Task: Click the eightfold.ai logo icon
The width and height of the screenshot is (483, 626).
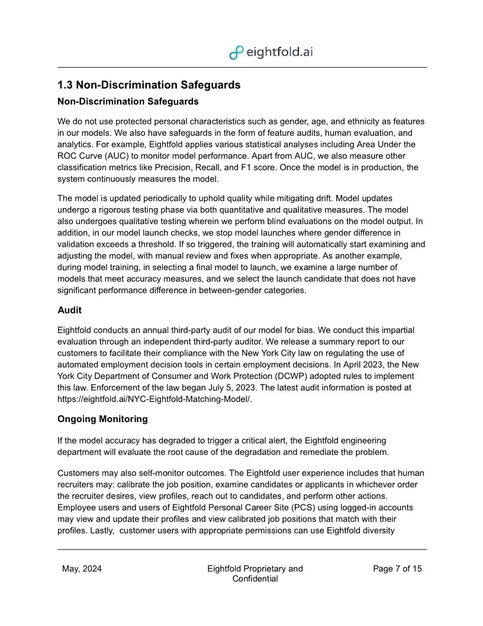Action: [236, 52]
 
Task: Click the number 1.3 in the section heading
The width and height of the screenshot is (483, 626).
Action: [65, 85]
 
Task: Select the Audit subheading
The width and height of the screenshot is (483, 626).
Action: [69, 310]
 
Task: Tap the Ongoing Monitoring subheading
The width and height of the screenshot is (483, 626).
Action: [102, 419]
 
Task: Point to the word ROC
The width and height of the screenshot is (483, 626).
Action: [67, 156]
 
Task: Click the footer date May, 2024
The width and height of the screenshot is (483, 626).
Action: [82, 568]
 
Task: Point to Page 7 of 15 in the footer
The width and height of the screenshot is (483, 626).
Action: [397, 568]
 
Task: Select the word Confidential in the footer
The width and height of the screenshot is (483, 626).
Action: [255, 579]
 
